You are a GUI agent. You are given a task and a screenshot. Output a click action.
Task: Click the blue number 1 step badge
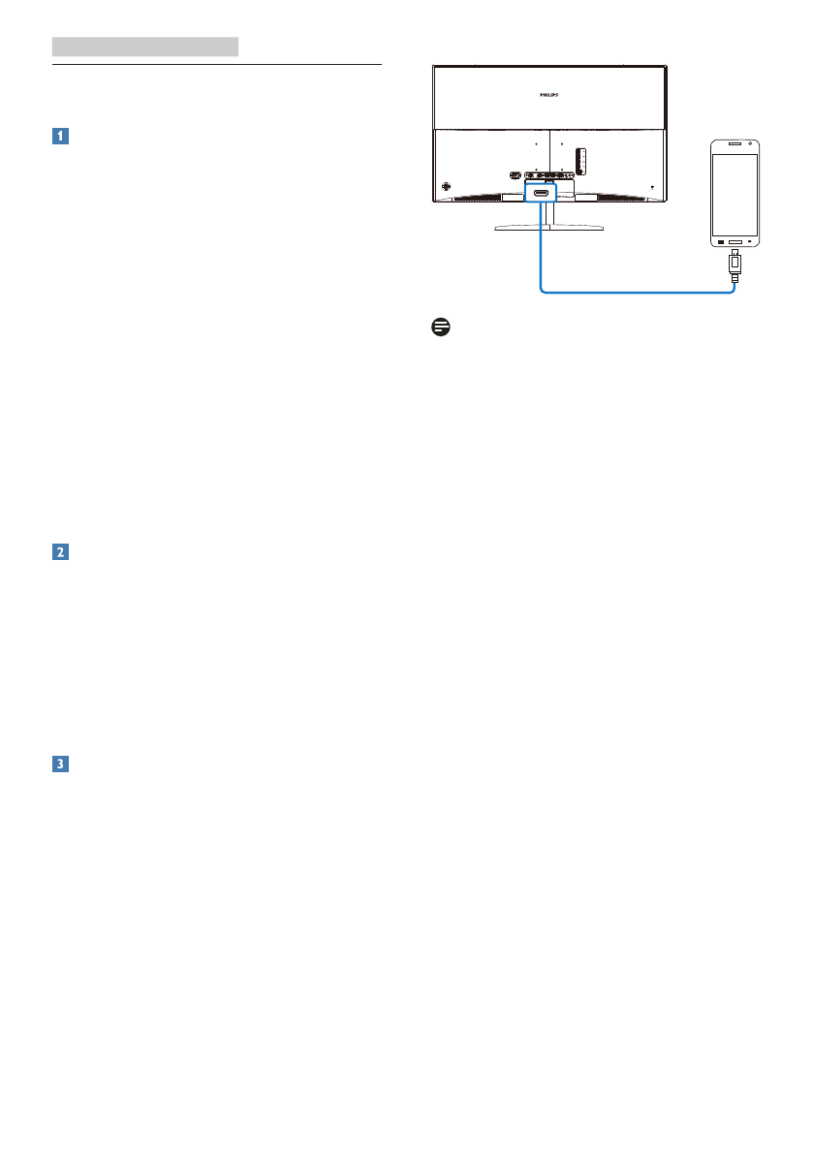(60, 137)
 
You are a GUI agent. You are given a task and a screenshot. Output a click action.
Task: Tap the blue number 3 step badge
(60, 764)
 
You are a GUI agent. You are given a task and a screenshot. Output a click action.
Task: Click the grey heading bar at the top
(145, 46)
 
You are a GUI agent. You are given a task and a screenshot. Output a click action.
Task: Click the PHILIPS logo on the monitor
(548, 96)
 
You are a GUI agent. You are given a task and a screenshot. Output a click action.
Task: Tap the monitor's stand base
(548, 229)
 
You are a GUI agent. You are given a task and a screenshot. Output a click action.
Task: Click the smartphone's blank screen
(734, 193)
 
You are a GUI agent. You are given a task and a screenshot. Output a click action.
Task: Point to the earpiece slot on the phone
(734, 143)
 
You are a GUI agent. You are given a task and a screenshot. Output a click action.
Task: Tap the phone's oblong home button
(735, 239)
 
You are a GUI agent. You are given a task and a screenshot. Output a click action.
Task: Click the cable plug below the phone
(735, 265)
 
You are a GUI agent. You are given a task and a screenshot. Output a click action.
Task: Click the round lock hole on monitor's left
(446, 186)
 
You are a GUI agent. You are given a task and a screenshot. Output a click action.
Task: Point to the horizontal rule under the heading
(217, 66)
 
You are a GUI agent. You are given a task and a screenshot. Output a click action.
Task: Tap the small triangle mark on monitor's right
(652, 187)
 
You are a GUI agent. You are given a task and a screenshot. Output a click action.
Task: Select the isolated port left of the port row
(514, 175)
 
